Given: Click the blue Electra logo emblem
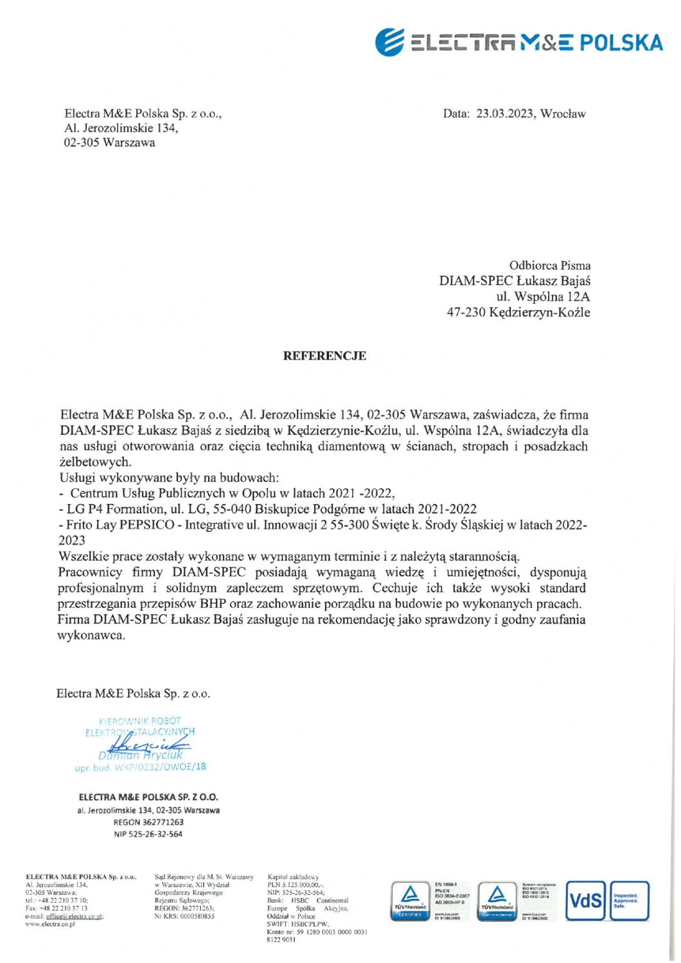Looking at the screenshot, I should coord(390,42).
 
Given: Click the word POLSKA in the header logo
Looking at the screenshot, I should coord(621,43).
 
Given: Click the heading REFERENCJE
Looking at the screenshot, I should coord(324,356).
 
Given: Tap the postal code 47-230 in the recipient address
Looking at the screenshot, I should coord(466,313).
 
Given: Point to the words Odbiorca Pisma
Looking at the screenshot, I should coord(549,265).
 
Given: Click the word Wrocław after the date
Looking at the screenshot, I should coord(563,114).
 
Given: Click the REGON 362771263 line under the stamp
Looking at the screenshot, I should coord(148,822).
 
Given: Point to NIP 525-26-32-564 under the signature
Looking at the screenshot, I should coord(148,835).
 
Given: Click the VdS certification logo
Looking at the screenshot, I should coord(585,901).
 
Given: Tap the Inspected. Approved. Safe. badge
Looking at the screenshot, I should coord(629,901).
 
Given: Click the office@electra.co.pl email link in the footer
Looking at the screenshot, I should coord(75,916).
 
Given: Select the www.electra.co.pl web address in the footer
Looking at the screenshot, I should coord(50,924).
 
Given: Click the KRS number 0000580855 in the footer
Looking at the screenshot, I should coord(193,916).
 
